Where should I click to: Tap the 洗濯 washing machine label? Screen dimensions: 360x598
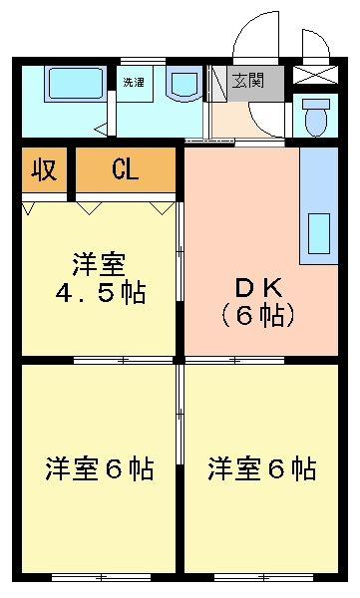point(134,83)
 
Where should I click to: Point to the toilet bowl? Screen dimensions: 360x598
point(317,118)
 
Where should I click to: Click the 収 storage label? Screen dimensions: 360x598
point(43,169)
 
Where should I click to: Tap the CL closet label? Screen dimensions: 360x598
point(126,169)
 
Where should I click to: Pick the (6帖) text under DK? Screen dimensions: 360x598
point(257,316)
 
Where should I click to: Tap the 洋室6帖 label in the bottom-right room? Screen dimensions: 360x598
point(262,467)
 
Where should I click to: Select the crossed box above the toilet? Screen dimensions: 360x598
point(316,76)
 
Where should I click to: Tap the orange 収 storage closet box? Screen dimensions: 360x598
point(43,170)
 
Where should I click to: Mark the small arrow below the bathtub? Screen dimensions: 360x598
point(100,130)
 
